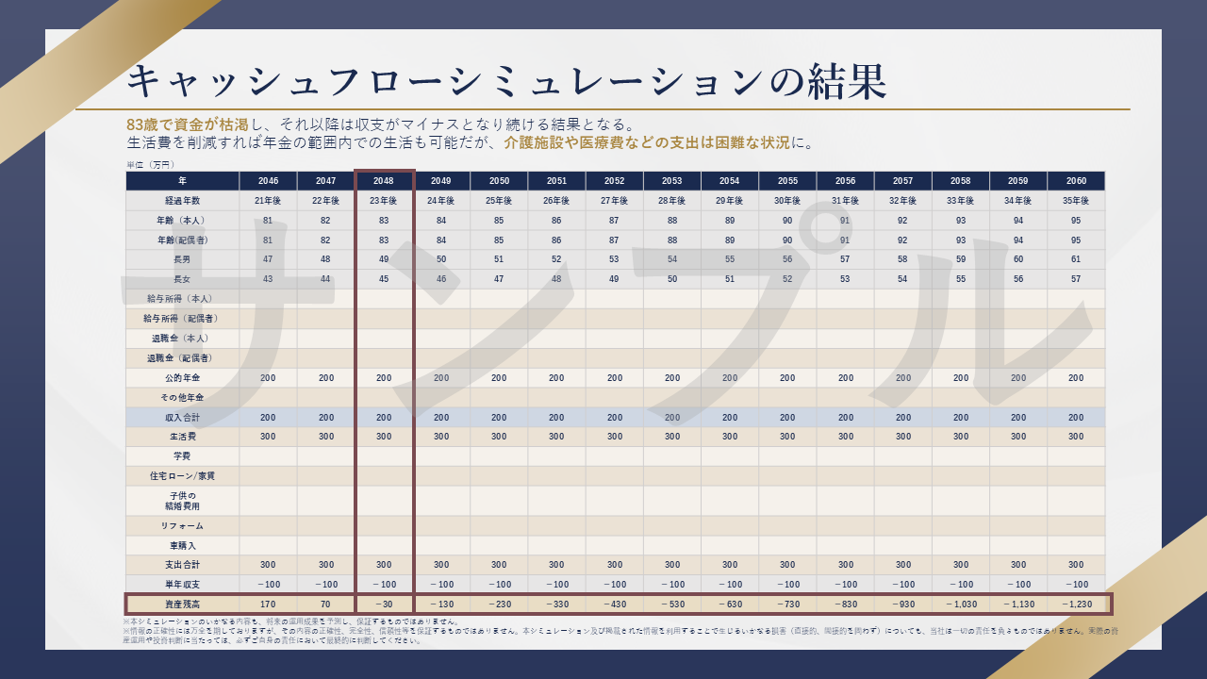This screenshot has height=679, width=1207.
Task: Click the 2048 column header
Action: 384,181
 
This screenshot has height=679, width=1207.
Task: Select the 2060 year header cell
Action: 1076,181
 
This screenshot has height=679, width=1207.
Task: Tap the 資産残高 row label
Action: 182,604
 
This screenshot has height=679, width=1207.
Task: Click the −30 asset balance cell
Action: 384,604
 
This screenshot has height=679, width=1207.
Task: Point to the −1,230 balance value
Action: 1076,604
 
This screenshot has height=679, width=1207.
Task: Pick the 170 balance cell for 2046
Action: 268,604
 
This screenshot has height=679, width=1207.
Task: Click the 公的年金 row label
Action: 182,378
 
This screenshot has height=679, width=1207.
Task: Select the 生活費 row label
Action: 182,437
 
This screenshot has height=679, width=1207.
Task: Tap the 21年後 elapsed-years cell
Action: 268,201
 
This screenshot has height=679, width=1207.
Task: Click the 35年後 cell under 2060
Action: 1076,201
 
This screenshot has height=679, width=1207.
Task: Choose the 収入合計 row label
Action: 182,417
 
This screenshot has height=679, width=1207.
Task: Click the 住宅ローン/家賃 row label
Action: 182,476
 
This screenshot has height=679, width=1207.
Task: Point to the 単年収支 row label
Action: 182,584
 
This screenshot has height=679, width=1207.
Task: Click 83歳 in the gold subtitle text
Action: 143,124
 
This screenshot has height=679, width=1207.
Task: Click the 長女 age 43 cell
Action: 268,279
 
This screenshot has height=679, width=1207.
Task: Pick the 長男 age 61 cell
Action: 1076,259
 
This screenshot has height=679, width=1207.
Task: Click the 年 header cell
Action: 182,181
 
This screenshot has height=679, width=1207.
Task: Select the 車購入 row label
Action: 182,545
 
